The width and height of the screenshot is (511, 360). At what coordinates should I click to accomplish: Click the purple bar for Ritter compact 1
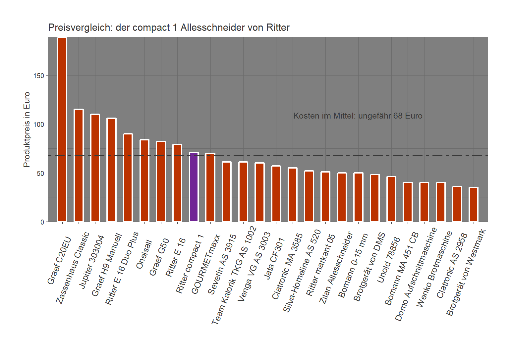point(194,187)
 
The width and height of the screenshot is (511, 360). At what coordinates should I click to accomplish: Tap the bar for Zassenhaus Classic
point(79,166)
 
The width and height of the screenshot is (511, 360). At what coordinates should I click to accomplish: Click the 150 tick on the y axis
point(39,76)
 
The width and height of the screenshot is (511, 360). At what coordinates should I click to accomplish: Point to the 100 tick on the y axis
point(39,124)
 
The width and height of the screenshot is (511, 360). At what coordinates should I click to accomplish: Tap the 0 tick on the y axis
point(42,222)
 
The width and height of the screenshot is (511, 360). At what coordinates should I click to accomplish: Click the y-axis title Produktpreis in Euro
point(27,129)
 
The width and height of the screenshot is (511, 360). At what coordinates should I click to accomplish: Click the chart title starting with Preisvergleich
point(169,27)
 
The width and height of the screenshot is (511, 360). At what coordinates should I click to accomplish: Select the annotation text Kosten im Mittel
point(358,116)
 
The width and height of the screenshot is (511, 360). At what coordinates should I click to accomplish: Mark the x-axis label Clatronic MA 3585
point(287,266)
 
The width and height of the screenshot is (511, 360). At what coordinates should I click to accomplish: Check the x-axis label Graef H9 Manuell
point(107,265)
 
